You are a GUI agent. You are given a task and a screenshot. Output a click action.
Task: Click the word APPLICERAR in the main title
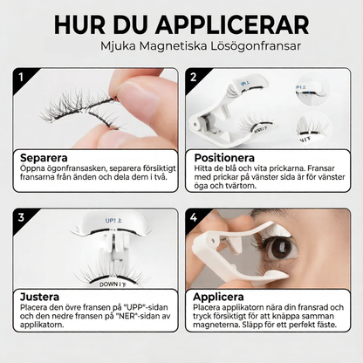point(232,25)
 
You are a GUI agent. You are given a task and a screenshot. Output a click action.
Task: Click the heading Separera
point(44,158)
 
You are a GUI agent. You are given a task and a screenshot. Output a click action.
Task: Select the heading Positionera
point(224,158)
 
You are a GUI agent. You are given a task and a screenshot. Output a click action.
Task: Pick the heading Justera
point(39,297)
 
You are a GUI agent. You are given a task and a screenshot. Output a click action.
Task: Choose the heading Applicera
point(218,297)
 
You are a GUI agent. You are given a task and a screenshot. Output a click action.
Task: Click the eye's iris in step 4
point(283,248)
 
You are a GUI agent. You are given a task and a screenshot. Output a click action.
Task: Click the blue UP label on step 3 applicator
point(113,221)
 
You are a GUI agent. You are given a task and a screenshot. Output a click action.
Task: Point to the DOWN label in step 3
point(113,284)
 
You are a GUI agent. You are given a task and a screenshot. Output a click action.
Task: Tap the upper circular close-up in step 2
point(314,89)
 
